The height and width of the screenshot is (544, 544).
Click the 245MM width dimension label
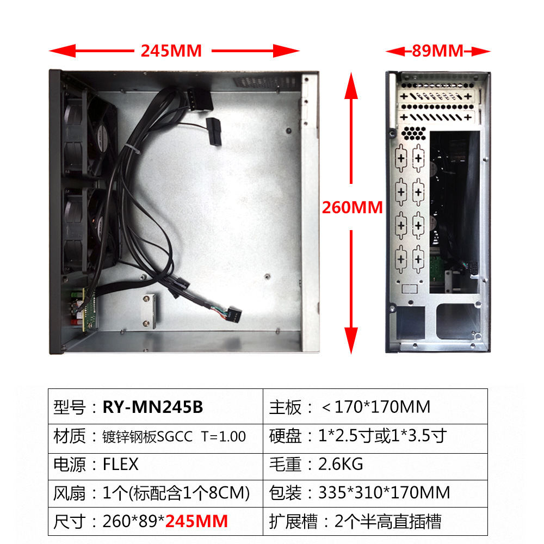point(171,51)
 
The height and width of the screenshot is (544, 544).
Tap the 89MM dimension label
point(437,51)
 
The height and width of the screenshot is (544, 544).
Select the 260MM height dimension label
point(353,207)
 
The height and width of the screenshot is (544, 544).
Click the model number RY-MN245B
point(153,406)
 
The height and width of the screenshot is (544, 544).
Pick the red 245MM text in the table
point(196,522)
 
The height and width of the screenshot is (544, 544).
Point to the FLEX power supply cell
point(121,465)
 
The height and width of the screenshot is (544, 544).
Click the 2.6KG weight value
point(341,465)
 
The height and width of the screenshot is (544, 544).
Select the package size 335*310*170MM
point(385,493)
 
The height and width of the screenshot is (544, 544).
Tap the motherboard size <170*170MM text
point(375,406)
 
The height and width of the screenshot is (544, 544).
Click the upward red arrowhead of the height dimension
point(352,84)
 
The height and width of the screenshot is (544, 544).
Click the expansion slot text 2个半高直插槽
point(388,522)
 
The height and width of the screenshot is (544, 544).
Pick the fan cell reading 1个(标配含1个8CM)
point(176,493)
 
